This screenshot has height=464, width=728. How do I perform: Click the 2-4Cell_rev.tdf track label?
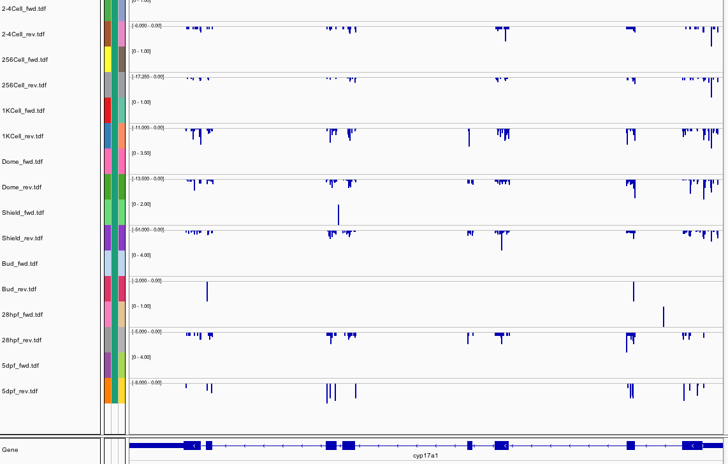click(x=24, y=34)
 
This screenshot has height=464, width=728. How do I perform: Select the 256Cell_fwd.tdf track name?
click(x=25, y=60)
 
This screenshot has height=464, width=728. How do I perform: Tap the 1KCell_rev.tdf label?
click(x=23, y=136)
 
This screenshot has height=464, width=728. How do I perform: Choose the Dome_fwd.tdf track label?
click(x=22, y=162)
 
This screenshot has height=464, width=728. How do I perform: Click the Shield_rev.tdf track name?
click(x=22, y=238)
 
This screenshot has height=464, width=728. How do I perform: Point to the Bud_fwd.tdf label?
click(x=20, y=264)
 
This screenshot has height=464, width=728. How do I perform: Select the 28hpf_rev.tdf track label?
click(x=22, y=340)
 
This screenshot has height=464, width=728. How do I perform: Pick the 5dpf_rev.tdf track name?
click(x=20, y=391)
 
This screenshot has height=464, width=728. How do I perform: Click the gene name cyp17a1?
click(x=426, y=456)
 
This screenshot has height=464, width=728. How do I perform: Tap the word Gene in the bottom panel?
click(x=10, y=450)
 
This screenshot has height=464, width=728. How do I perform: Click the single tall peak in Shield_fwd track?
click(x=339, y=215)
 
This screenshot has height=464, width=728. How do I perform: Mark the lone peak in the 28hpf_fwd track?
click(x=664, y=317)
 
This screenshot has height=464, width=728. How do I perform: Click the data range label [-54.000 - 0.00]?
click(x=147, y=229)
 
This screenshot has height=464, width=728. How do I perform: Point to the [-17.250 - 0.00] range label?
click(x=147, y=76)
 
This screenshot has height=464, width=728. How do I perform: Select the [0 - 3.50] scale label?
click(x=141, y=154)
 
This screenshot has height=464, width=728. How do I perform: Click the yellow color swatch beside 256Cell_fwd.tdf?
click(x=108, y=59)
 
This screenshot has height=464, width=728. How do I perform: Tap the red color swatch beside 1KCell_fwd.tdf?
click(x=108, y=110)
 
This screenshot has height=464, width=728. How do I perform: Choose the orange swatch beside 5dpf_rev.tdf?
click(x=108, y=391)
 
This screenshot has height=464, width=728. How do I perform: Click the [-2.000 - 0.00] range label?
click(x=147, y=280)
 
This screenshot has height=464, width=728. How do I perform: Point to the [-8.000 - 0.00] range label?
click(x=147, y=382)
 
